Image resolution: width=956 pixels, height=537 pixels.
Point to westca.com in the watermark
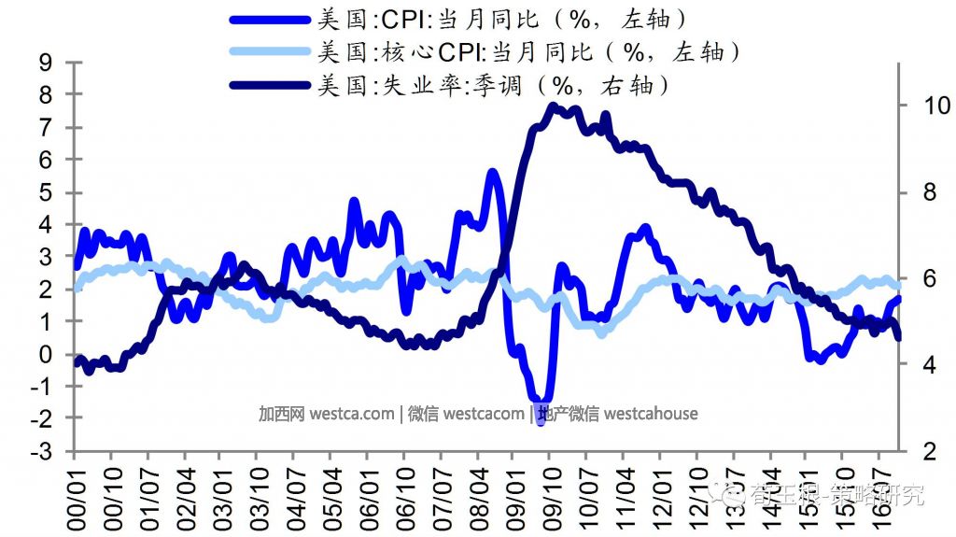point(351,413)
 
